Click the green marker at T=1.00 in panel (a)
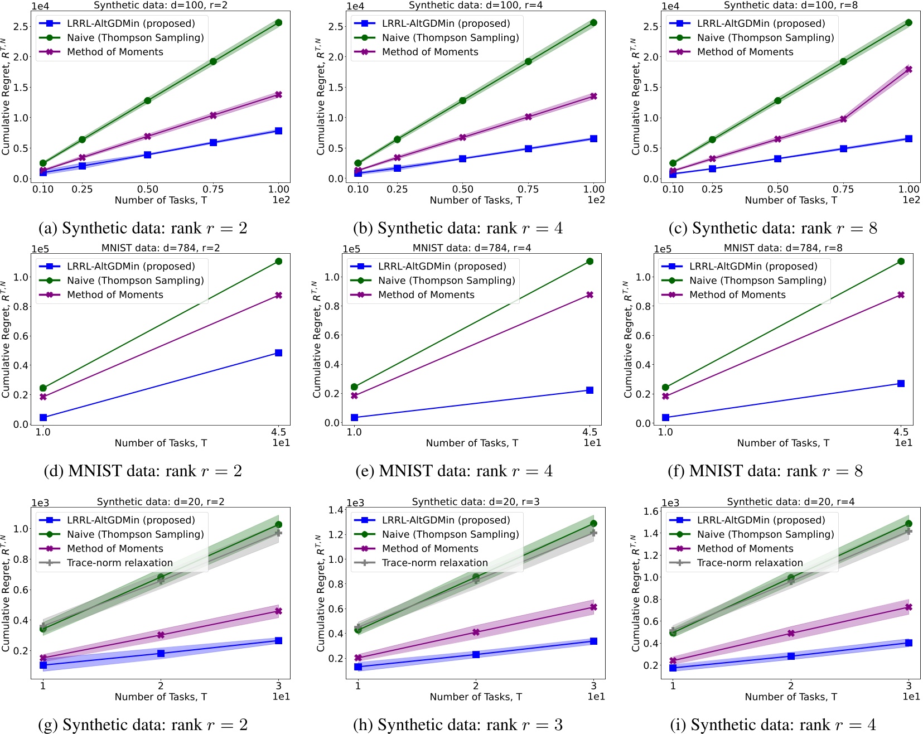278,23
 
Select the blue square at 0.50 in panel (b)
462,159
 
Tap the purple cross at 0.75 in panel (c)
843,119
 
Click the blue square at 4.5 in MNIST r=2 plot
278,353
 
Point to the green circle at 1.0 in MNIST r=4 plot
354,387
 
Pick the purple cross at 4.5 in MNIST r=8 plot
901,294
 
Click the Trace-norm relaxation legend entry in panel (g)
119,563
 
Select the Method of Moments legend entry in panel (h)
430,548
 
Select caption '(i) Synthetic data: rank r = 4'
772,725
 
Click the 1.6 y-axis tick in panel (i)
651,511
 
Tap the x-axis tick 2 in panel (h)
476,686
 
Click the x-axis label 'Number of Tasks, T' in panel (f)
783,443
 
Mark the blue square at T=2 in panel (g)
161,653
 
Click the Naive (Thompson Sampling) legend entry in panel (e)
446,281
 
